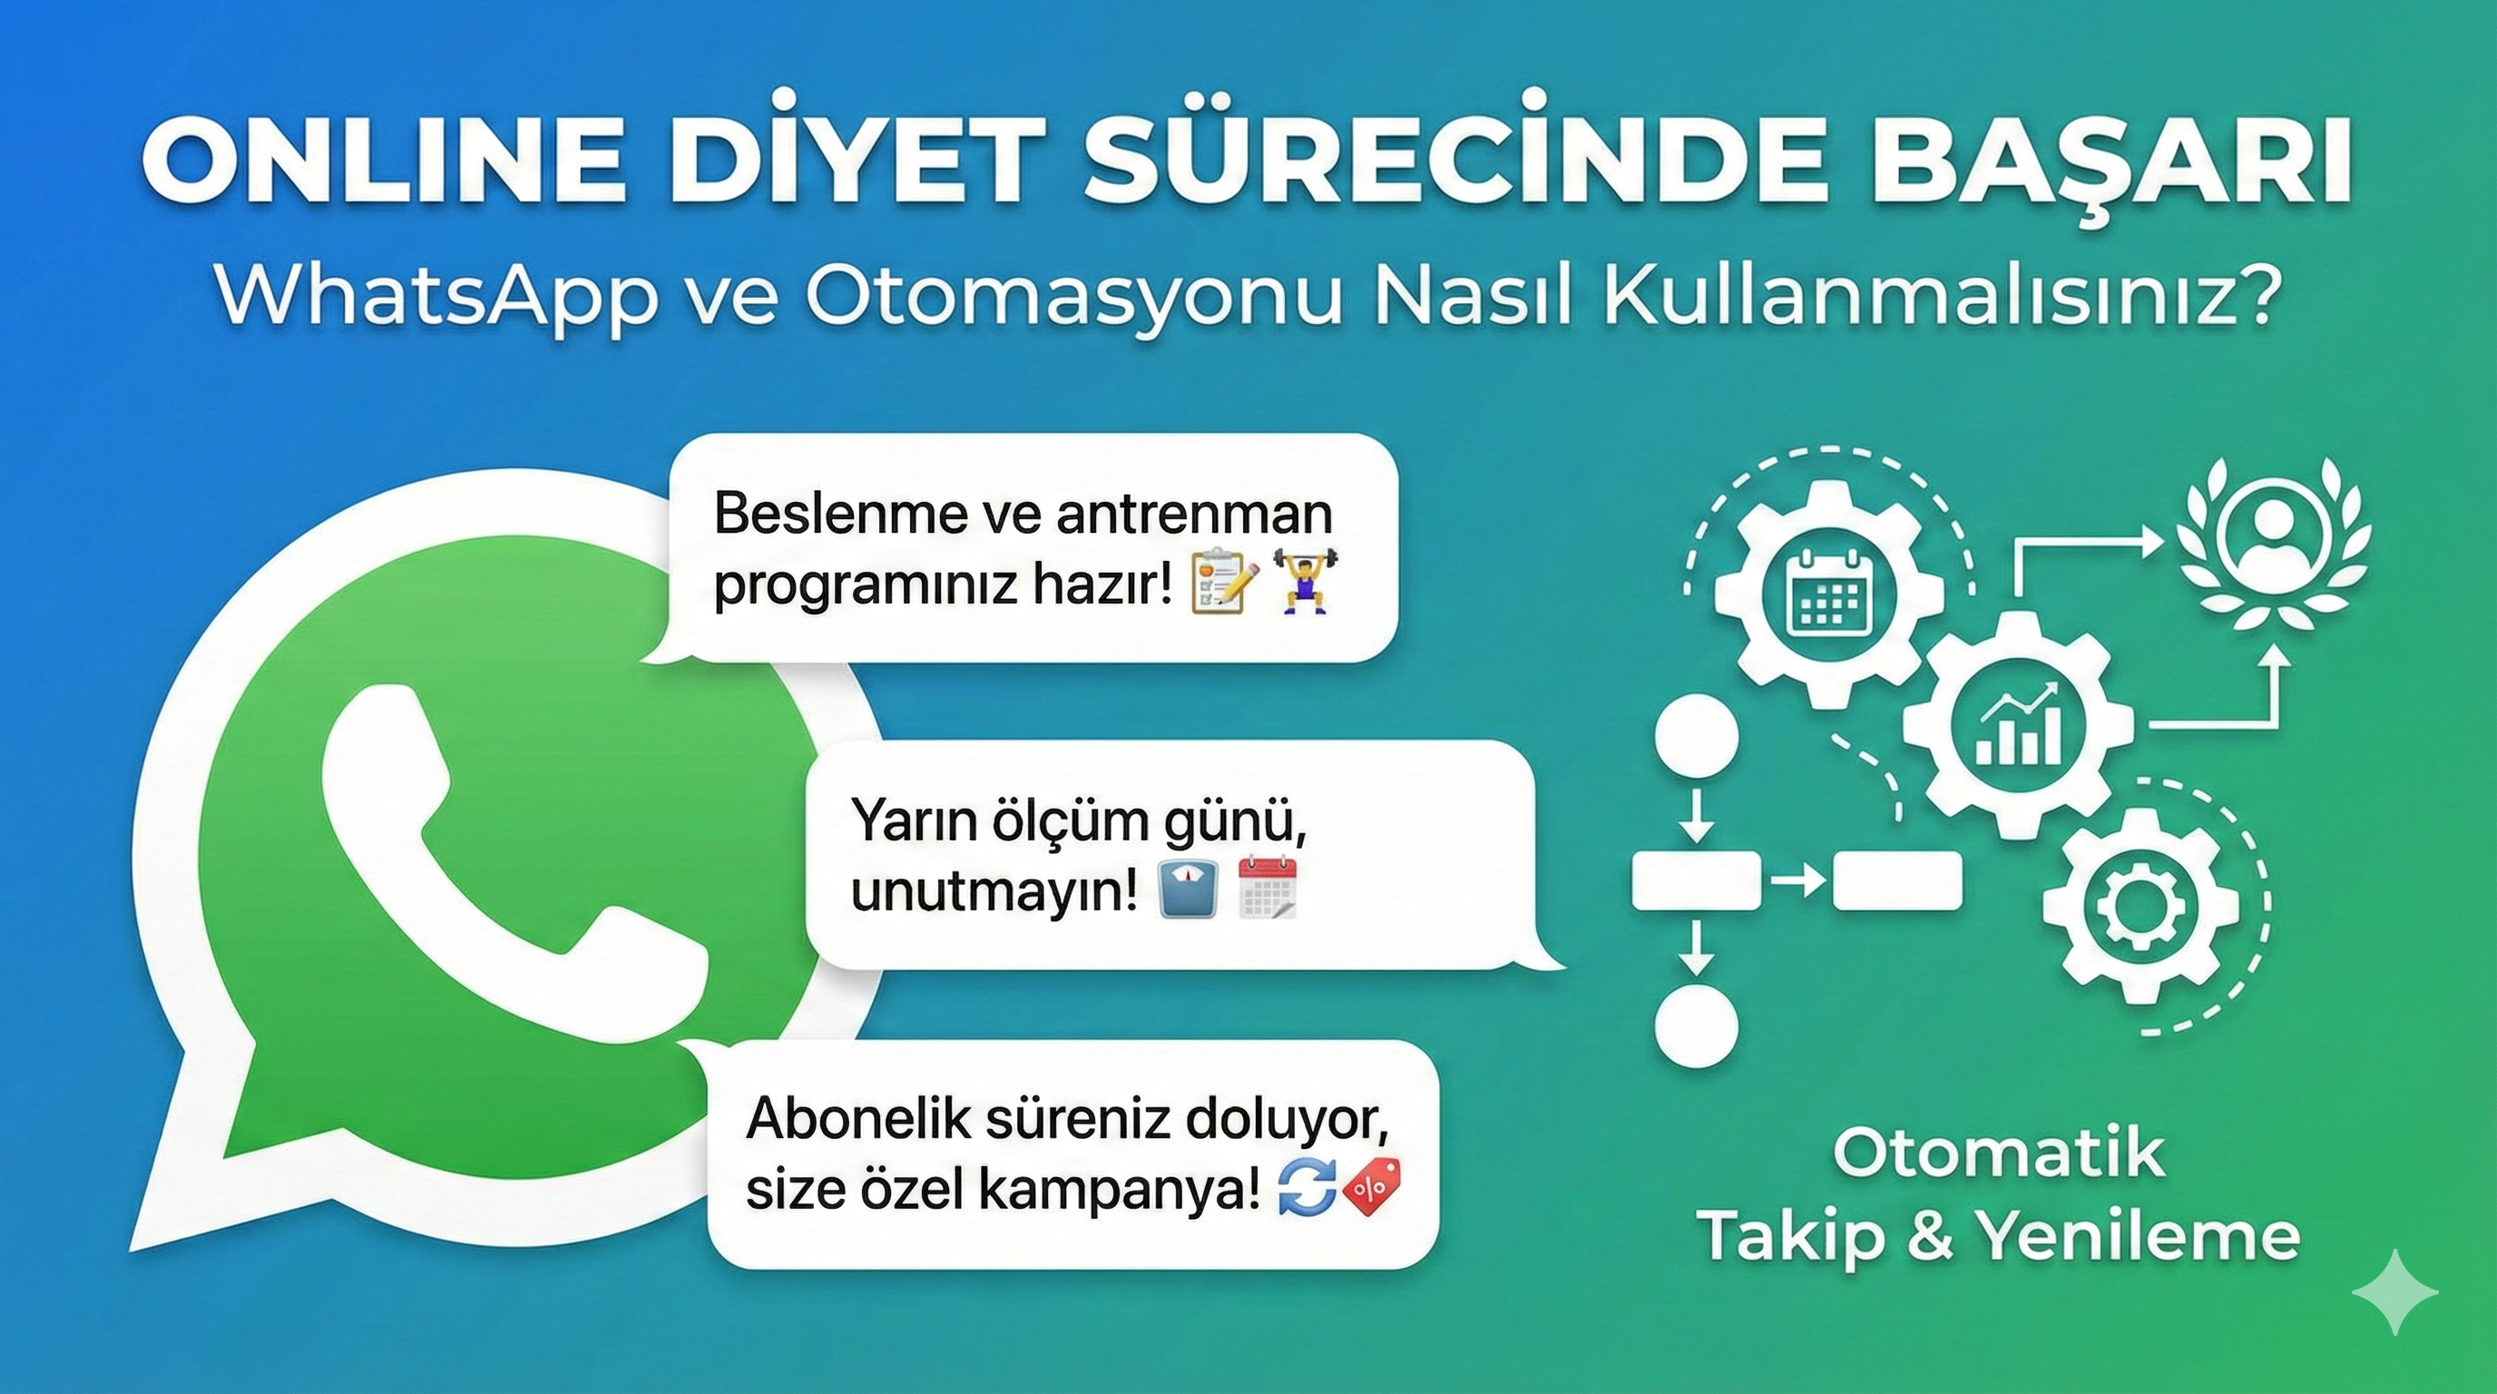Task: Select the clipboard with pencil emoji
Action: click(x=1223, y=582)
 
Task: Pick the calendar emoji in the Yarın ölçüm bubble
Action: click(x=1268, y=887)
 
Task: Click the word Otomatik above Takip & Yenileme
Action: click(x=1998, y=1153)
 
